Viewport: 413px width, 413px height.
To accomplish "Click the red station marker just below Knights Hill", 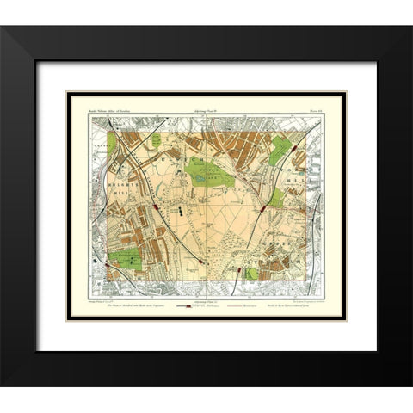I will (157, 207).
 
